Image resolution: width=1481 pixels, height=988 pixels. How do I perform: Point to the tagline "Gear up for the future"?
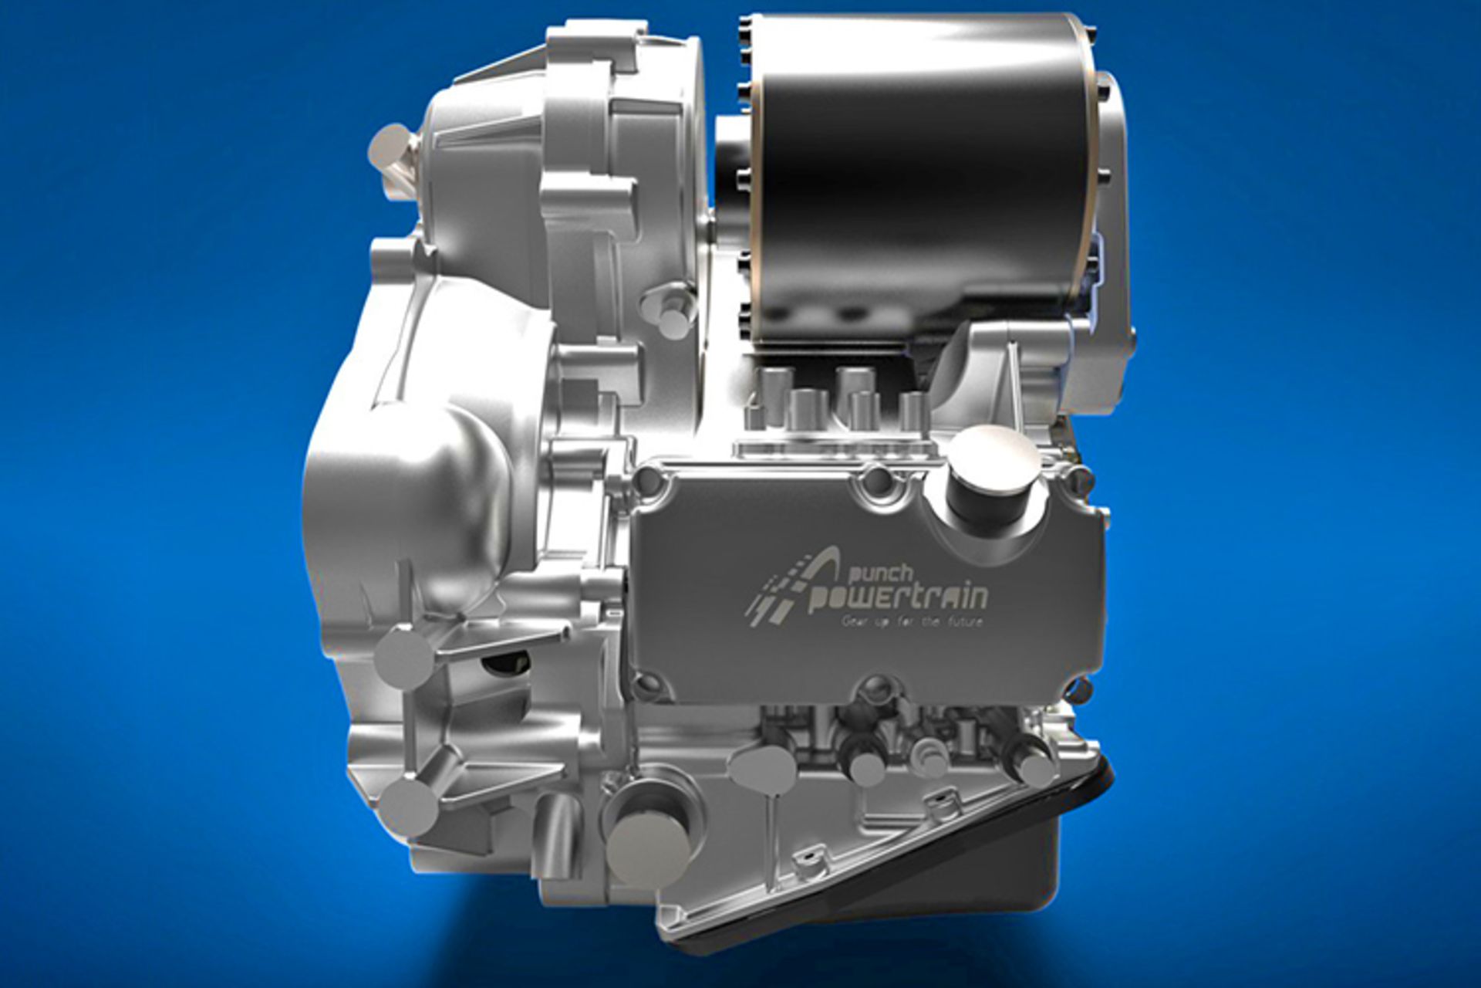[912, 621]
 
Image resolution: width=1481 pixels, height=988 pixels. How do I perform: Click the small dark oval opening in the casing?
[505, 662]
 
